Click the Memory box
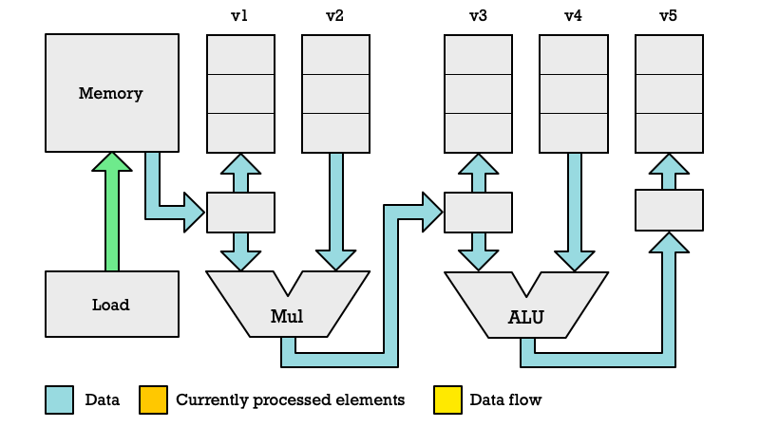[112, 93]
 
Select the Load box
[112, 304]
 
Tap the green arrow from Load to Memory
[112, 212]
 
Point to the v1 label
[239, 16]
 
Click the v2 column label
[334, 16]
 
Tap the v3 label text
[478, 16]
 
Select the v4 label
[573, 16]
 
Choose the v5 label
[668, 16]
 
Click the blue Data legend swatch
[60, 399]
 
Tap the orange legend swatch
[154, 399]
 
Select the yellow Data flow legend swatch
[447, 399]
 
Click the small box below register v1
[241, 213]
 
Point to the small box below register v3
[479, 213]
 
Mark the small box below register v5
[670, 210]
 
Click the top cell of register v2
[336, 54]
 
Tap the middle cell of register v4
[574, 94]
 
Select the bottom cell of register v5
[670, 133]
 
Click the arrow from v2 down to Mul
[336, 212]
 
